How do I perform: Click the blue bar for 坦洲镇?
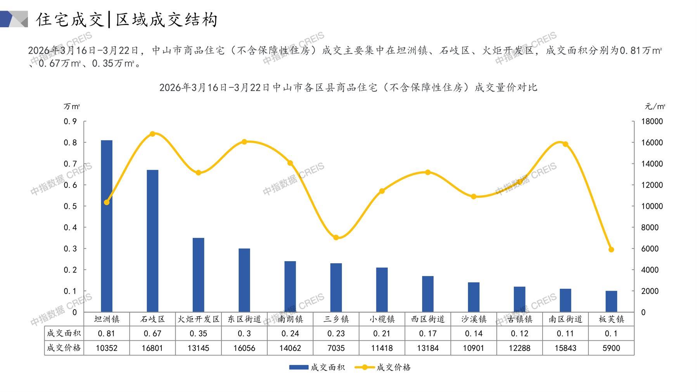click(x=107, y=226)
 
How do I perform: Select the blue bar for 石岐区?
click(x=152, y=241)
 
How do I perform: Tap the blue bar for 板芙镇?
click(x=611, y=301)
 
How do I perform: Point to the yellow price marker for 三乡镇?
click(x=336, y=238)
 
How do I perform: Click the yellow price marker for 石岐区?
click(x=152, y=134)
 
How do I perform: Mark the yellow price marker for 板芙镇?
click(x=611, y=250)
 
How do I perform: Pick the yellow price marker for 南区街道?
click(x=565, y=144)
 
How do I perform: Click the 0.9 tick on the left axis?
click(x=70, y=121)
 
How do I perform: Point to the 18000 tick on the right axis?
click(x=652, y=121)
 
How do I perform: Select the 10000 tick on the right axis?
click(x=652, y=206)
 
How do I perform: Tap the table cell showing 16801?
click(x=152, y=348)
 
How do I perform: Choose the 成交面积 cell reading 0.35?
click(x=198, y=333)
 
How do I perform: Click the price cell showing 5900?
click(x=611, y=348)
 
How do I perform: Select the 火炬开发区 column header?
click(x=198, y=319)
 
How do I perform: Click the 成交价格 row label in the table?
click(x=64, y=348)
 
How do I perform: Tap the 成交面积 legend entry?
click(x=317, y=367)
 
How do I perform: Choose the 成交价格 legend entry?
click(x=383, y=367)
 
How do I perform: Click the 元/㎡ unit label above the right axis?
click(x=655, y=106)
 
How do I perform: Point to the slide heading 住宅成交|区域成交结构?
click(x=127, y=19)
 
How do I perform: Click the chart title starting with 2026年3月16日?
click(x=348, y=88)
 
